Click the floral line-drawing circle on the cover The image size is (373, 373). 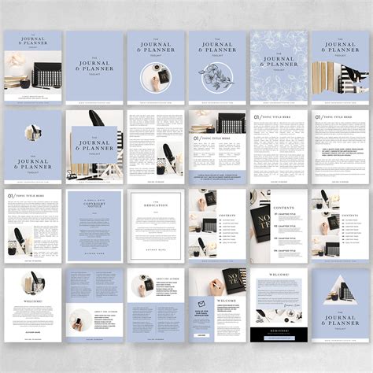click(217, 80)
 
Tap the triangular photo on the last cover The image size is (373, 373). click(340, 292)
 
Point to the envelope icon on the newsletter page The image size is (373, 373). click(201, 304)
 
